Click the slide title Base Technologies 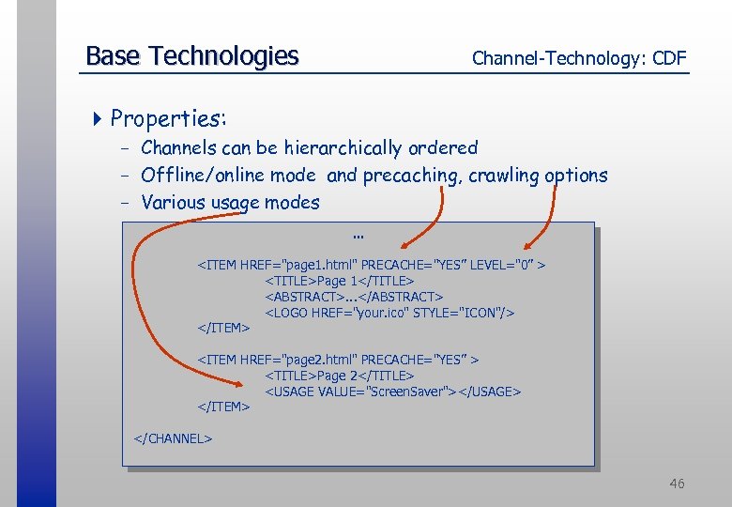point(191,56)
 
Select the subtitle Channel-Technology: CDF point(579,58)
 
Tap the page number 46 point(677,484)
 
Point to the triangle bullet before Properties point(99,118)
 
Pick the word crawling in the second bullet point(500,176)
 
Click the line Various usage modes point(230,202)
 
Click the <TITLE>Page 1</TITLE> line point(340,281)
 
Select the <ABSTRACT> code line point(354,297)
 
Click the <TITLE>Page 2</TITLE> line point(340,376)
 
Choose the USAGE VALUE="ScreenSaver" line point(392,391)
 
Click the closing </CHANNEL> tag point(174,438)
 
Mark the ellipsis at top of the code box point(357,235)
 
